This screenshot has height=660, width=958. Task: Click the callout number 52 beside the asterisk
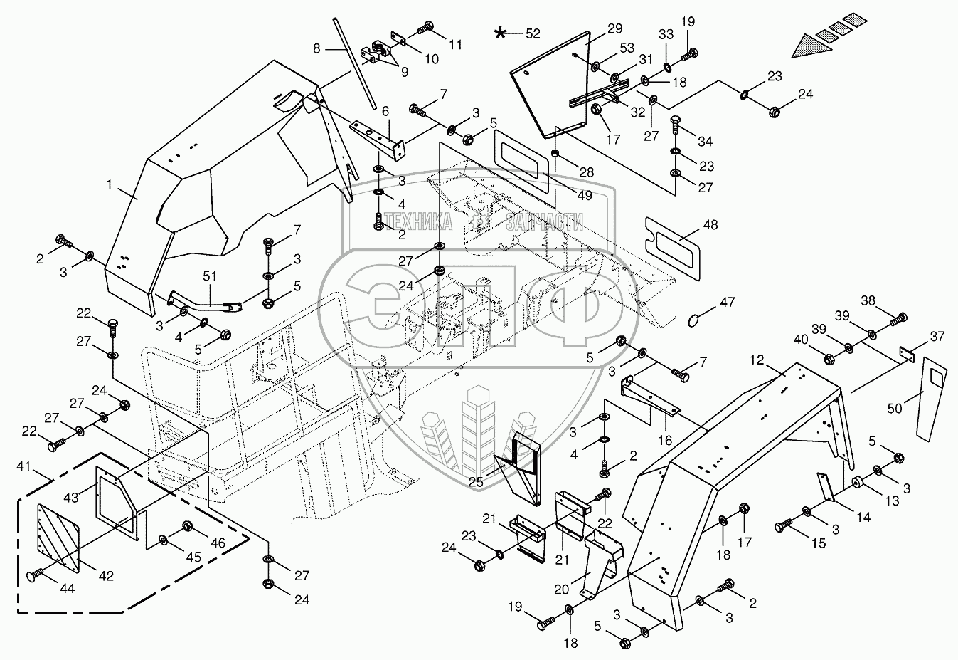[x=532, y=33]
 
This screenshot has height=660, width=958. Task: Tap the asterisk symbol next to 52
[x=502, y=33]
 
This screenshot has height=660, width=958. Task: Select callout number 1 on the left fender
[x=110, y=185]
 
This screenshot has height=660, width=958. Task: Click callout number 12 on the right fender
[x=755, y=361]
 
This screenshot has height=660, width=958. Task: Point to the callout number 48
[x=710, y=225]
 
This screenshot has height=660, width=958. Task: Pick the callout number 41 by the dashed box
[x=24, y=467]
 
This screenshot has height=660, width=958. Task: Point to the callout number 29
[x=614, y=29]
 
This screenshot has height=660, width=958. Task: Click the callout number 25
[x=476, y=483]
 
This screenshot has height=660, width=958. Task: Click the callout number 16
[x=665, y=441]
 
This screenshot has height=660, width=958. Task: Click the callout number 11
[x=455, y=44]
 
